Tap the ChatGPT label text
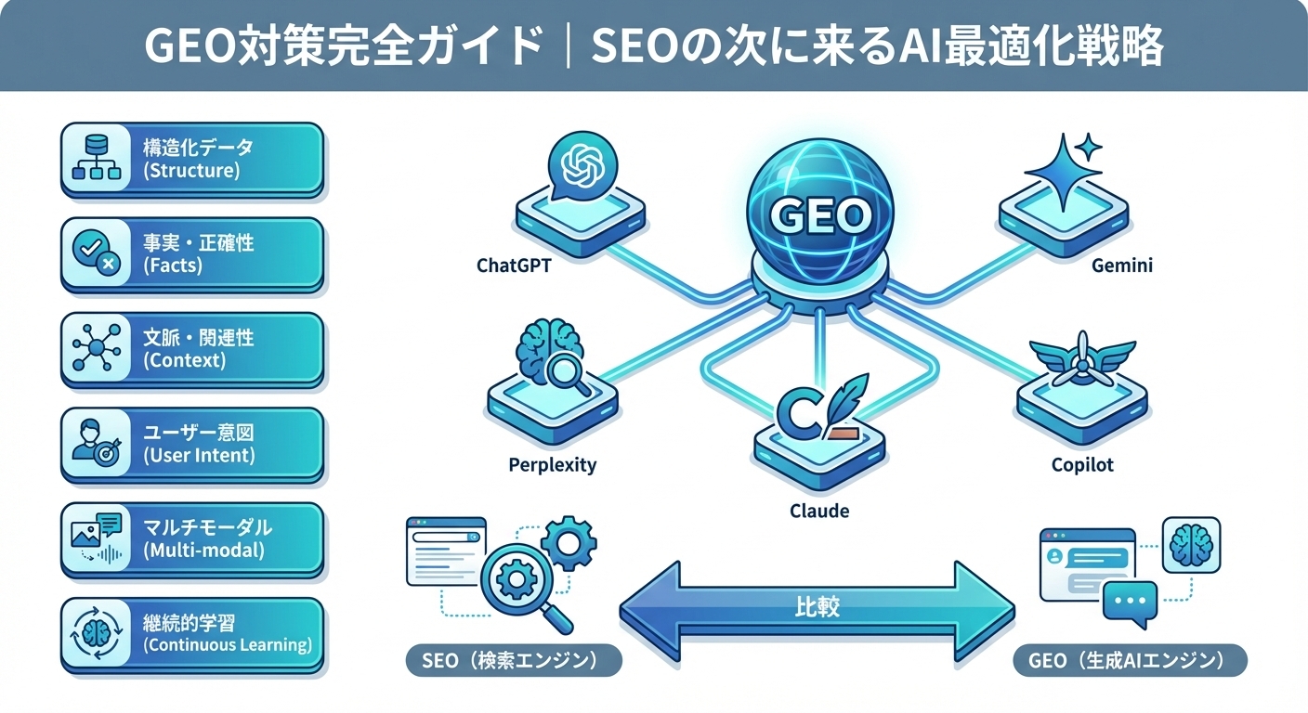tap(514, 266)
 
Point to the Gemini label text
tap(1121, 266)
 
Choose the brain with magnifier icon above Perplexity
tap(553, 356)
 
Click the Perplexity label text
tap(552, 464)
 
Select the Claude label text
tap(818, 511)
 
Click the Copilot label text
tap(1082, 464)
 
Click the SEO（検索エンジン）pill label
tap(514, 661)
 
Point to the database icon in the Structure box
tap(97, 158)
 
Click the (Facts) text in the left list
tap(173, 266)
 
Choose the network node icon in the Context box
tap(97, 349)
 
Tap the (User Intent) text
tap(199, 455)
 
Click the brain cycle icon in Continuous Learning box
tap(97, 634)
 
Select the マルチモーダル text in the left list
tap(207, 527)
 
